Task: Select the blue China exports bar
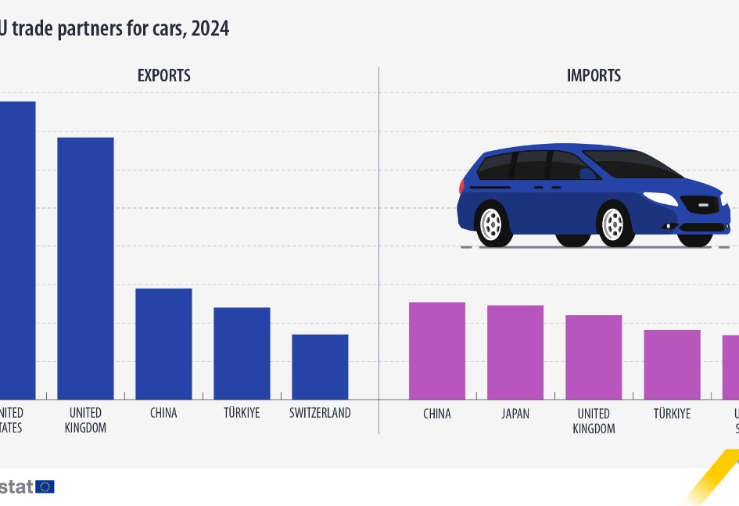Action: [163, 344]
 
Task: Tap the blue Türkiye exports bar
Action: [242, 353]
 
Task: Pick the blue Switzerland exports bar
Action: [320, 367]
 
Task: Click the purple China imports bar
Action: [437, 350]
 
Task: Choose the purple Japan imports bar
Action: [515, 352]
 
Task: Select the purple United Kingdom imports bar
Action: [594, 357]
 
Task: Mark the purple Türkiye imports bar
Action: [672, 364]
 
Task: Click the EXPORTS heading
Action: [163, 76]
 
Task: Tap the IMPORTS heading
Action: [594, 76]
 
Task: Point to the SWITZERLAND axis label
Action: [320, 413]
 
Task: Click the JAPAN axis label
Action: [515, 414]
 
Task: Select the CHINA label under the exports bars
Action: [163, 413]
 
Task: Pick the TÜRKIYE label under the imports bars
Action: [672, 414]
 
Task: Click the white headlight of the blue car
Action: [659, 199]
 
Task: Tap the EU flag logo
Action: [45, 486]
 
